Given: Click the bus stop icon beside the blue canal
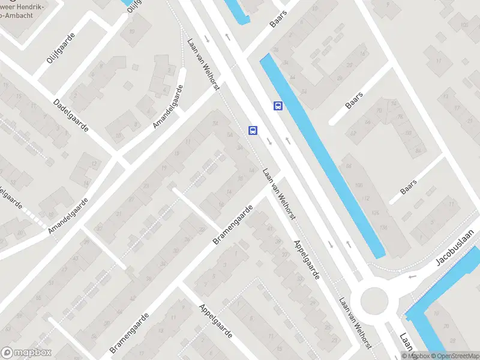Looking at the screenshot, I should [x=278, y=106].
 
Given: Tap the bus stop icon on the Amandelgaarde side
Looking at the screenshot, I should [x=253, y=130].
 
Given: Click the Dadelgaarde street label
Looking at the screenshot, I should [x=71, y=116].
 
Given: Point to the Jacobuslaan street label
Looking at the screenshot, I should [x=455, y=246].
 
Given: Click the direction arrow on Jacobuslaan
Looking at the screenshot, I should [x=412, y=277].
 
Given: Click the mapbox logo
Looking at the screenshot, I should [x=26, y=353].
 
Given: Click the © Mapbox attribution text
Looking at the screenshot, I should [x=415, y=356].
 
